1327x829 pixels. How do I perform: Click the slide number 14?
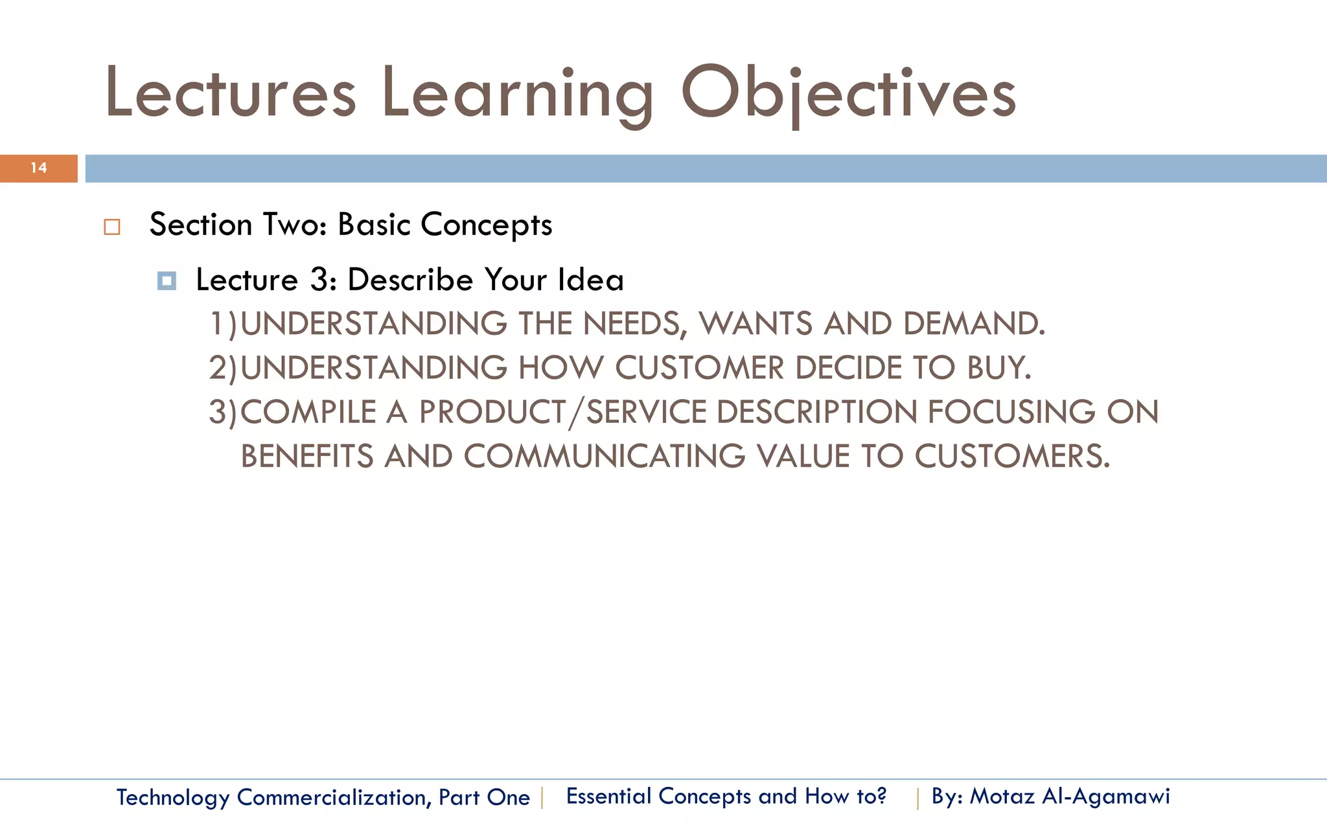39,168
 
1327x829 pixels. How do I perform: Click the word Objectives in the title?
848,94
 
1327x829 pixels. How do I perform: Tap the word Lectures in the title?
231,94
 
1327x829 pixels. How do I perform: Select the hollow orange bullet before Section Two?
112,227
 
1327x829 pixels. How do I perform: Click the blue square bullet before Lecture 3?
167,281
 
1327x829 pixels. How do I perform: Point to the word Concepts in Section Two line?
486,225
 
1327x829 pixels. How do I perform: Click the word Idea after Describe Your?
590,280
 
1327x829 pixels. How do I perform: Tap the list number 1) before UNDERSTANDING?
224,324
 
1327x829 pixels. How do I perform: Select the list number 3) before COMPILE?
224,413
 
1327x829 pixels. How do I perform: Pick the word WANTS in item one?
756,324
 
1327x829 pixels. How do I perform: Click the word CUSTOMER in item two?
699,368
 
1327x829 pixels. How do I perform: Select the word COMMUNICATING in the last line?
604,457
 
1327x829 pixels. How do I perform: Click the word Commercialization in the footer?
331,797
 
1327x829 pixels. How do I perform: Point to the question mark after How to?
881,795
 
